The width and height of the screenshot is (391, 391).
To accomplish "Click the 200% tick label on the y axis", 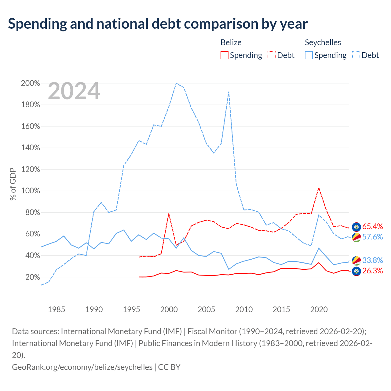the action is (31, 83).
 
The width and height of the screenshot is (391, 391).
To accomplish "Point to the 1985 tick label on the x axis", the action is (57, 309).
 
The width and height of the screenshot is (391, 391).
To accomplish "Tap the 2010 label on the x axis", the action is (244, 309).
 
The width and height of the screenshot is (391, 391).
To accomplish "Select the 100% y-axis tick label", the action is (31, 191).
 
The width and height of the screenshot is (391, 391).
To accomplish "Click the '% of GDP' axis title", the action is (13, 184).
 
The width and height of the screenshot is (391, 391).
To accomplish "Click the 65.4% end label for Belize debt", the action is (373, 226).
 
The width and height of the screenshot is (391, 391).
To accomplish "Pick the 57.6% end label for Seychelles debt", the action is (373, 237).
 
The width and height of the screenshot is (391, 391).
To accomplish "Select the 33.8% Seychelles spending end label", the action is (373, 260).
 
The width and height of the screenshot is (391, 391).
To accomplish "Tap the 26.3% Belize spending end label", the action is (373, 271).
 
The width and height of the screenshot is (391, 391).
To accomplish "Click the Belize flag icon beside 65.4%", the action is (356, 227).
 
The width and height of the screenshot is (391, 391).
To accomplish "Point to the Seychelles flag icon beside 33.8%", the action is (356, 261).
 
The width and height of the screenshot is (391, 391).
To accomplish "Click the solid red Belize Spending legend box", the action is (225, 55).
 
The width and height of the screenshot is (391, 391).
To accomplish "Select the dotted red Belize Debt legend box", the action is (272, 55).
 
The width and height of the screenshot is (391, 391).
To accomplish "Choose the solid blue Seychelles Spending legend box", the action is (309, 55).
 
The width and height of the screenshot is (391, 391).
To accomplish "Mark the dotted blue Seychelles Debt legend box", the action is (356, 55).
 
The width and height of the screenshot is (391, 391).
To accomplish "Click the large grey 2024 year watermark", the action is (74, 91).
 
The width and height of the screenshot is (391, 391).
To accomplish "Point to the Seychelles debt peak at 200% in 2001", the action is (176, 83).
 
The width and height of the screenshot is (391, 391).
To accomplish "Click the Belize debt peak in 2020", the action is (319, 188).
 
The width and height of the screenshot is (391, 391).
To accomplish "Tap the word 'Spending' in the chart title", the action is (38, 24).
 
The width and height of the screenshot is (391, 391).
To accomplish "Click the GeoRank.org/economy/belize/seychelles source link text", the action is (82, 367).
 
